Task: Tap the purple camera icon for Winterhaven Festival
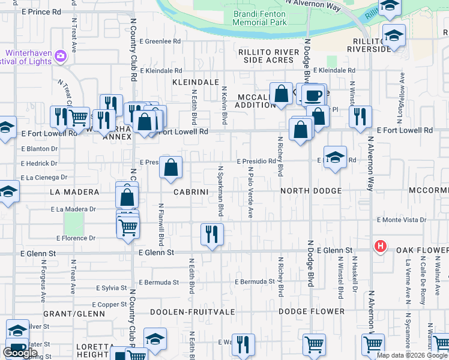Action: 60,56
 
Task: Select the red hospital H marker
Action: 379,246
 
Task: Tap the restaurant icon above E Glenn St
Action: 211,234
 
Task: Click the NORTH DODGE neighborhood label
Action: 311,191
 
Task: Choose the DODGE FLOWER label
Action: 312,311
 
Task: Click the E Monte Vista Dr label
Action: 401,220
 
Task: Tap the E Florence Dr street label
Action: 76,238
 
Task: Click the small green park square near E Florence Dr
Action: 74,224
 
